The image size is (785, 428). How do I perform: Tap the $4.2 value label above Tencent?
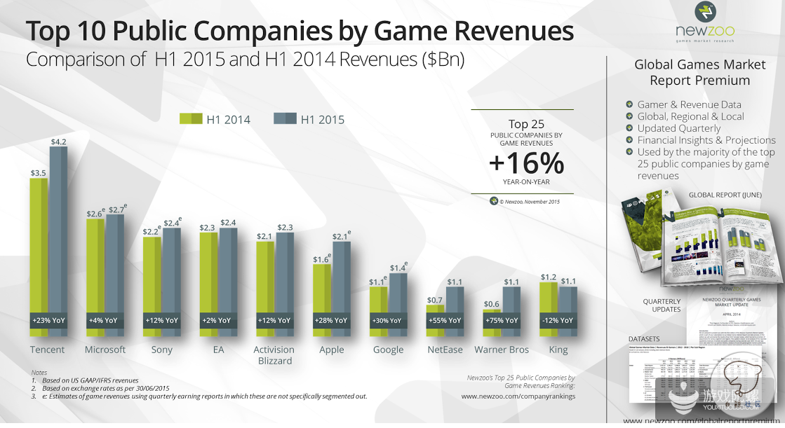(x=59, y=141)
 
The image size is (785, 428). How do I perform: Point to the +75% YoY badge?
(x=502, y=320)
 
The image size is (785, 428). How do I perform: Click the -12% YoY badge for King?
(x=558, y=320)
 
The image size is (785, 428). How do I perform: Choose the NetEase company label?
(x=445, y=350)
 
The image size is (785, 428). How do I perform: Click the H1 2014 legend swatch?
(x=191, y=119)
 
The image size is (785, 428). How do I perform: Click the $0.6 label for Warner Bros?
(x=492, y=303)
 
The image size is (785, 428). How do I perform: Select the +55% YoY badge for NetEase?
(x=445, y=320)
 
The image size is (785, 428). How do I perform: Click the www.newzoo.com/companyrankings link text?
(x=518, y=396)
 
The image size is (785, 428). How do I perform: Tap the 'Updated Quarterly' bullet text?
(x=678, y=128)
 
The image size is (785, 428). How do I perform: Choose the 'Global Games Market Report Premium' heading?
(x=700, y=72)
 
